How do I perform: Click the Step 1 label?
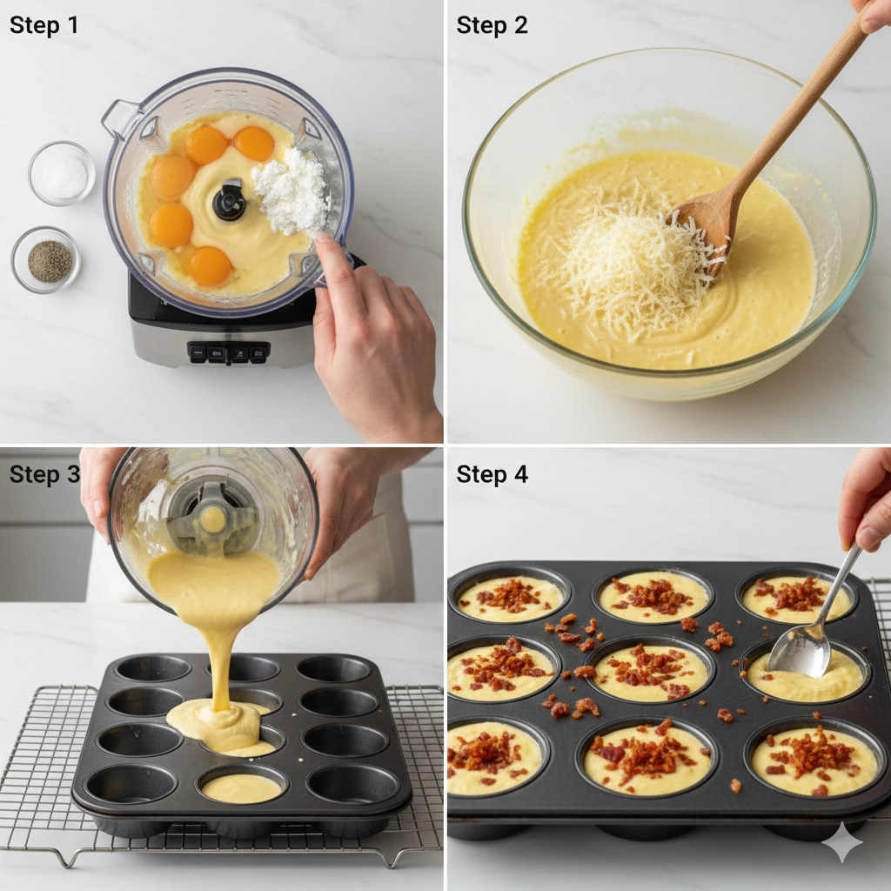pos(44,25)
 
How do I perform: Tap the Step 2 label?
pos(492,25)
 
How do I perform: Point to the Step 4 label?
pos(492,474)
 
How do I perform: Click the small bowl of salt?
pos(62,173)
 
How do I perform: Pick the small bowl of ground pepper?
pos(46,259)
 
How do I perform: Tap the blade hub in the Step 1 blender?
pos(230,201)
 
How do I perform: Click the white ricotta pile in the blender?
pos(290,191)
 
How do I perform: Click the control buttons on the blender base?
pos(228,353)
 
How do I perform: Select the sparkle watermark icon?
pos(843,842)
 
